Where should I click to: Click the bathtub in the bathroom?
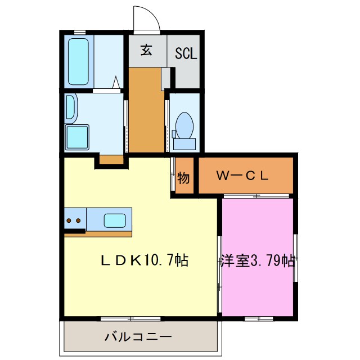pyautogui.click(x=77, y=60)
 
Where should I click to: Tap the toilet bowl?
pyautogui.click(x=184, y=124)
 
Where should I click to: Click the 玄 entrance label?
pyautogui.click(x=146, y=51)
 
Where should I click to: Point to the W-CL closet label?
pyautogui.click(x=242, y=175)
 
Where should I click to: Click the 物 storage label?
pyautogui.click(x=183, y=178)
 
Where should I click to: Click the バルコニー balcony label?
pyautogui.click(x=138, y=337)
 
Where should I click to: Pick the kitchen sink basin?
pyautogui.click(x=115, y=219)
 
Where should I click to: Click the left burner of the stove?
pyautogui.click(x=69, y=220)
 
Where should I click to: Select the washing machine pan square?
pyautogui.click(x=76, y=137)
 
